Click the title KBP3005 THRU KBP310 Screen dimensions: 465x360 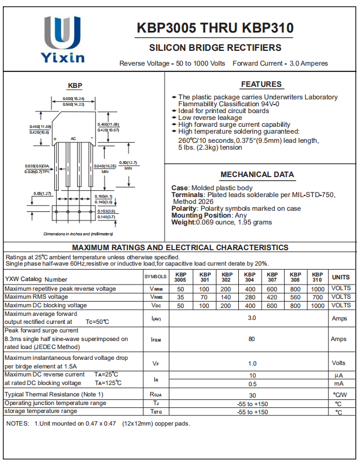(x=215, y=28)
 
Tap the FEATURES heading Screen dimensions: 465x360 (x=261, y=84)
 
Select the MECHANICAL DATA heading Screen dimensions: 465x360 (x=257, y=174)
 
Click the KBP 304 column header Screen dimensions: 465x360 (x=249, y=277)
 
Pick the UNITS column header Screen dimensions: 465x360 (x=341, y=277)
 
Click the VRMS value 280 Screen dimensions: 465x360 (x=249, y=297)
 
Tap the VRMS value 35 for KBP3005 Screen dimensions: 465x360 (x=181, y=297)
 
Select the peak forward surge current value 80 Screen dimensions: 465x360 (x=251, y=339)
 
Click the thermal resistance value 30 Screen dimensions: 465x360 (x=251, y=395)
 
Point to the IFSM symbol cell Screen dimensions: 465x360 (x=155, y=339)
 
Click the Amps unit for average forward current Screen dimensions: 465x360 (x=339, y=318)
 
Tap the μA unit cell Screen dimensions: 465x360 (x=338, y=375)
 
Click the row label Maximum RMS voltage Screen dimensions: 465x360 (x=36, y=297)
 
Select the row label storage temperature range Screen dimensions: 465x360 (x=41, y=411)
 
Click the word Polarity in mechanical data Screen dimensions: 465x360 (x=184, y=209)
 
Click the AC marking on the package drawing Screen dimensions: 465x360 (x=73, y=138)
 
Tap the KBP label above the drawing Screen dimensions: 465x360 (x=75, y=86)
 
